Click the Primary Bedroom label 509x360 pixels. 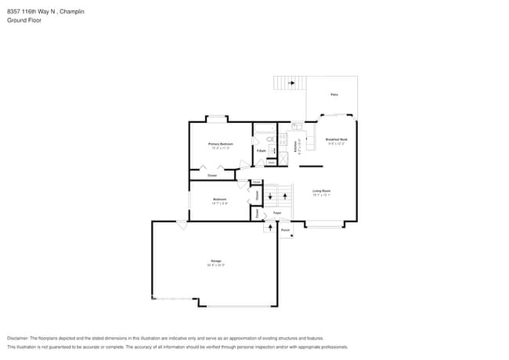tap(220, 144)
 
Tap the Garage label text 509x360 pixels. tap(215, 261)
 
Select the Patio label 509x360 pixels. tap(334, 95)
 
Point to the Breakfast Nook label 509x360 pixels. tap(337, 139)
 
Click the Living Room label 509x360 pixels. tap(321, 191)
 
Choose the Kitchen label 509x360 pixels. tap(295, 146)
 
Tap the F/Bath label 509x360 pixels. tap(260, 150)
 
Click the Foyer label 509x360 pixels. tap(277, 213)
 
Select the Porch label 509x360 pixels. tap(285, 230)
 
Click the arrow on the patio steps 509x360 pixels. tap(291, 83)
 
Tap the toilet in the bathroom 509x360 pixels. tap(268, 139)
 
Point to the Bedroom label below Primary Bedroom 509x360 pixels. tap(220, 200)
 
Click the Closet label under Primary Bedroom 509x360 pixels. tap(212, 175)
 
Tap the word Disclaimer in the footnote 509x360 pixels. tap(20, 337)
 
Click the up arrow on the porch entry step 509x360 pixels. tap(271, 228)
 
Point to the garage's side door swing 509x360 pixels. tap(182, 225)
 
